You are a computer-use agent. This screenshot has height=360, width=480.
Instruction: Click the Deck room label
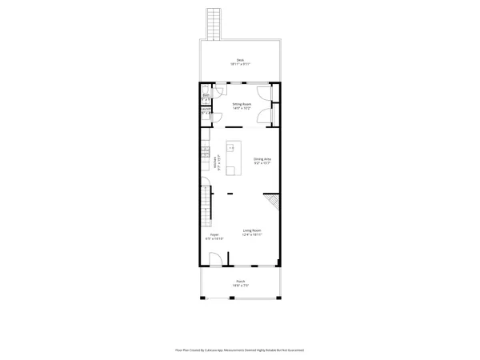239,59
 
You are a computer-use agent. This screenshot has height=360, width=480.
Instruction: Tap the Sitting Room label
242,104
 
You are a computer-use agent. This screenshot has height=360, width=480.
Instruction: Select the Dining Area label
262,158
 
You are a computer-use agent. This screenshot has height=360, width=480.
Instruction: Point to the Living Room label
252,230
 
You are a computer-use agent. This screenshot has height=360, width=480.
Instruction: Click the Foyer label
214,234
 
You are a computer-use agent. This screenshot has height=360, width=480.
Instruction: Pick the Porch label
240,281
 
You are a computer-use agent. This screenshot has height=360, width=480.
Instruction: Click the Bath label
206,95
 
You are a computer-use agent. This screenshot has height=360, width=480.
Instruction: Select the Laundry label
206,110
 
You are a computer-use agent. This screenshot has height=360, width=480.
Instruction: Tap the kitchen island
233,158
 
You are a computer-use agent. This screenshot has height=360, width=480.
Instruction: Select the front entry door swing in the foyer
215,259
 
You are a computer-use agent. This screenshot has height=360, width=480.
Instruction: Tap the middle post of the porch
232,298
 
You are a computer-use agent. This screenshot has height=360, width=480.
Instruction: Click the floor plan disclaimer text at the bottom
240,350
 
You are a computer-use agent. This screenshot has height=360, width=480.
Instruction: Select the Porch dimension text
240,286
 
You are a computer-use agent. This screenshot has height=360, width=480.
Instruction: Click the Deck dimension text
239,64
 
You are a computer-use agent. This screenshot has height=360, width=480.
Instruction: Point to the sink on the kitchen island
230,149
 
